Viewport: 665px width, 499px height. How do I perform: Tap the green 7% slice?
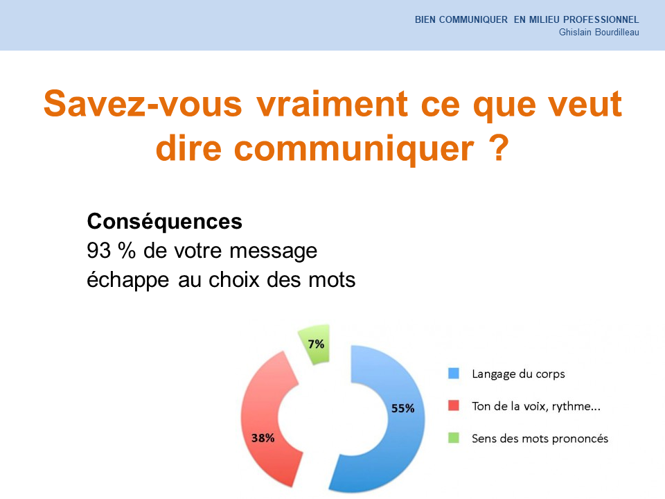(x=314, y=344)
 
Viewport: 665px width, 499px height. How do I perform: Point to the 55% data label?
(x=402, y=408)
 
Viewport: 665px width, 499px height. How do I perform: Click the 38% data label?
(x=263, y=438)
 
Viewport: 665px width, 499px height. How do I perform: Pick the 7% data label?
(x=316, y=344)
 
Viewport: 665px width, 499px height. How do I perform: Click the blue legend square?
(x=453, y=374)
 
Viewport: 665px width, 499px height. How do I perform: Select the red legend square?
(x=453, y=405)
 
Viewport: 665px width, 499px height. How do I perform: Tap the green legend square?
(x=453, y=438)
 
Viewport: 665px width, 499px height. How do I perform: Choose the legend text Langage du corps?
(x=518, y=374)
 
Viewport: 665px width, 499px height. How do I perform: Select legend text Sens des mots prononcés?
(x=540, y=439)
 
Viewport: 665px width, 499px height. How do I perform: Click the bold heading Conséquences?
(x=165, y=222)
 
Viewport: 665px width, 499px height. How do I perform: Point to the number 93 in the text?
(x=99, y=250)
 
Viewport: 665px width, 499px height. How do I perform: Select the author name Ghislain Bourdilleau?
(x=598, y=33)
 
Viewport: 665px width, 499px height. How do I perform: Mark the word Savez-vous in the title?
(x=143, y=103)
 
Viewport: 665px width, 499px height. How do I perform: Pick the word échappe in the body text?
(x=127, y=281)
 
